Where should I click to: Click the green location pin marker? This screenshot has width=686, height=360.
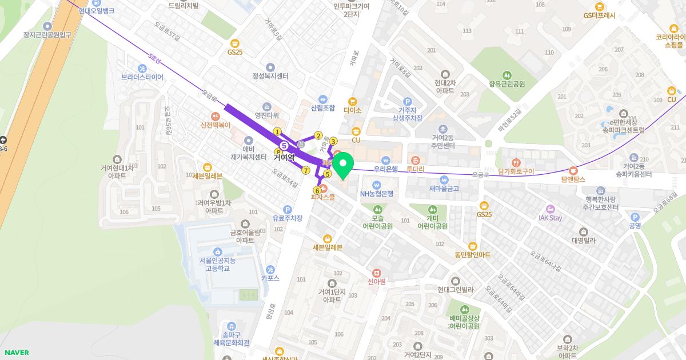tap(343, 165)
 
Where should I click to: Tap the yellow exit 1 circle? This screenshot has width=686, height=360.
tap(277, 131)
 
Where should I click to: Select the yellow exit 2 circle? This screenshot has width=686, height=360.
tap(318, 135)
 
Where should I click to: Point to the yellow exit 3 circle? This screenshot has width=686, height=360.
tap(333, 141)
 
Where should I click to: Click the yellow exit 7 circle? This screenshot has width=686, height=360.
tap(306, 170)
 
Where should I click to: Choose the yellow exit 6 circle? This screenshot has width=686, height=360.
tap(317, 190)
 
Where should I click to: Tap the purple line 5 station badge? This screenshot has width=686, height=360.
tap(284, 146)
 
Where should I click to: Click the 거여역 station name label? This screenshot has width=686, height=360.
tap(284, 157)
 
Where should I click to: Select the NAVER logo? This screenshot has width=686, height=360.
tap(16, 353)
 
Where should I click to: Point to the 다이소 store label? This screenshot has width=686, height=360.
tap(353, 110)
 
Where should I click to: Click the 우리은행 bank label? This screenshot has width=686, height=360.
tap(386, 169)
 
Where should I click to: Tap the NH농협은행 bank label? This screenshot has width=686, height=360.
tap(377, 193)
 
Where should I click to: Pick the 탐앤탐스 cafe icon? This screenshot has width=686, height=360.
tap(573, 170)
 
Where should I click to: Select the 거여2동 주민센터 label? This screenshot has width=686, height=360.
tap(442, 141)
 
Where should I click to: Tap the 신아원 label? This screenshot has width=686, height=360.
tap(377, 282)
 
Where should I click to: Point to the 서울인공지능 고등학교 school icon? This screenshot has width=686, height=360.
tap(217, 252)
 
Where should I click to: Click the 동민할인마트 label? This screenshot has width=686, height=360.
tap(472, 254)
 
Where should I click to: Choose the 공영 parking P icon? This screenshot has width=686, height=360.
tap(635, 217)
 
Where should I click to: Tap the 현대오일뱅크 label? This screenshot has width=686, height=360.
tap(97, 11)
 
